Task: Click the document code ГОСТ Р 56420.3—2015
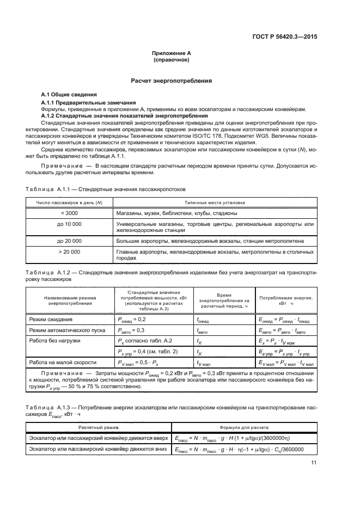[x=288, y=36]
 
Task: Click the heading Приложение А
[x=172, y=53]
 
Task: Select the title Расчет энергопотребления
[x=172, y=81]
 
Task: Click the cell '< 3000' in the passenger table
[x=69, y=213]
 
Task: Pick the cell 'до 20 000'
[x=69, y=240]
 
